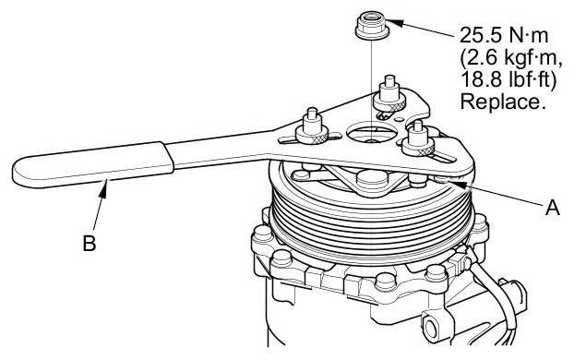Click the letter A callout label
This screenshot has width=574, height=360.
553,208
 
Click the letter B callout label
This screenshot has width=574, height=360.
90,243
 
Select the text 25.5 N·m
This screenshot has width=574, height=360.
504,35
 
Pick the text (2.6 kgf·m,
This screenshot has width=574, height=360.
511,58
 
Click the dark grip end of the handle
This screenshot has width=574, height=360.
92,165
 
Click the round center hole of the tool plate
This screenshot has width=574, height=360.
370,132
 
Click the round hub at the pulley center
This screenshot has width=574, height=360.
372,180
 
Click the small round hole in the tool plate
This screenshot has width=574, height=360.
399,119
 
